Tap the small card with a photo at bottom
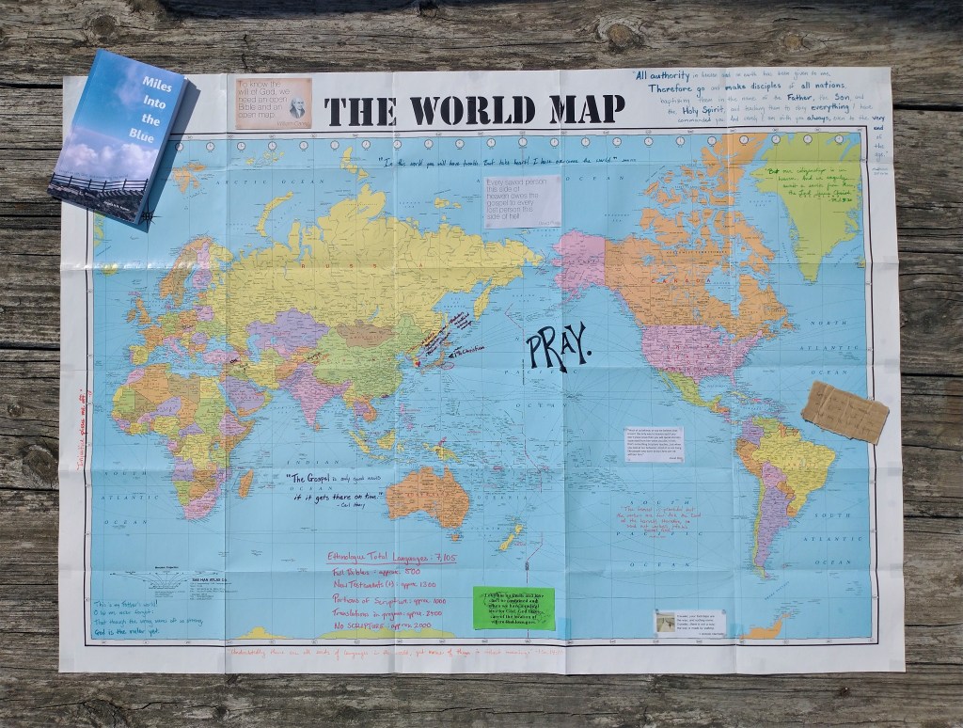[x=691, y=621]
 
